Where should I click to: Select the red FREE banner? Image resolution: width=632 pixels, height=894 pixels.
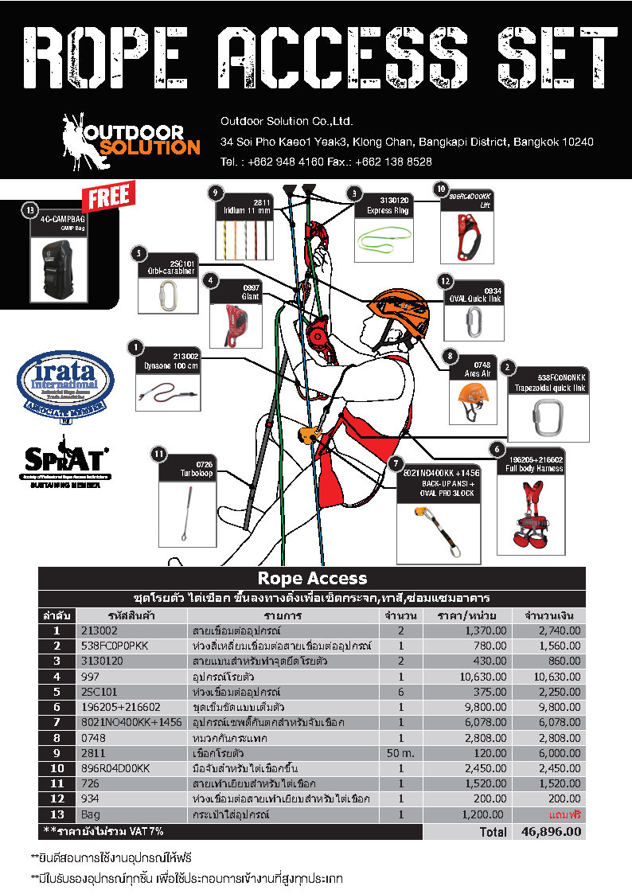(x=110, y=197)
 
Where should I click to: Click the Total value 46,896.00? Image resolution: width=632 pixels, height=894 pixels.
(x=551, y=832)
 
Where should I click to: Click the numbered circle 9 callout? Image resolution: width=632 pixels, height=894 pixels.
(x=214, y=192)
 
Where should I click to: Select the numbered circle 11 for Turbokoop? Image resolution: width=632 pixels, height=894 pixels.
(x=158, y=455)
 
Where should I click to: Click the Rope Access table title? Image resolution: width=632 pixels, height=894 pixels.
(x=312, y=579)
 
